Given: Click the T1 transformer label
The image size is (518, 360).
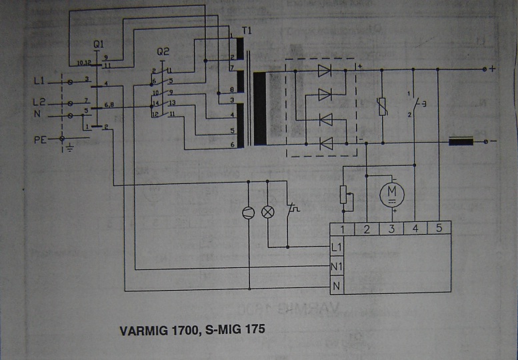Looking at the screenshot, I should pyautogui.click(x=247, y=31).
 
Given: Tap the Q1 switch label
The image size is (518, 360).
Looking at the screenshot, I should pyautogui.click(x=99, y=44).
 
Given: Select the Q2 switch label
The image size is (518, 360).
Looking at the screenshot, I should pyautogui.click(x=163, y=51).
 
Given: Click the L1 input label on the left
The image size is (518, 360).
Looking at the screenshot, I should pyautogui.click(x=39, y=81).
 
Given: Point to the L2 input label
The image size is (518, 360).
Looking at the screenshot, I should pyautogui.click(x=39, y=103).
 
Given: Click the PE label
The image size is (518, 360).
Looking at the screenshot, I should pyautogui.click(x=40, y=139).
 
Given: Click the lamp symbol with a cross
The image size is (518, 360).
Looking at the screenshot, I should pyautogui.click(x=269, y=212).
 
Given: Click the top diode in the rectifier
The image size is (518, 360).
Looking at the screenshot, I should pyautogui.click(x=325, y=69).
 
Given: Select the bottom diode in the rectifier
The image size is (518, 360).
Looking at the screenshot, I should pyautogui.click(x=325, y=143).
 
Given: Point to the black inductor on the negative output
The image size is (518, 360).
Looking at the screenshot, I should pyautogui.click(x=461, y=141).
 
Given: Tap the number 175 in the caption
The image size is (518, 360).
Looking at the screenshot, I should pyautogui.click(x=244, y=329).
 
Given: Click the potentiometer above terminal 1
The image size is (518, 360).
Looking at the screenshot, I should pyautogui.click(x=344, y=195).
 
